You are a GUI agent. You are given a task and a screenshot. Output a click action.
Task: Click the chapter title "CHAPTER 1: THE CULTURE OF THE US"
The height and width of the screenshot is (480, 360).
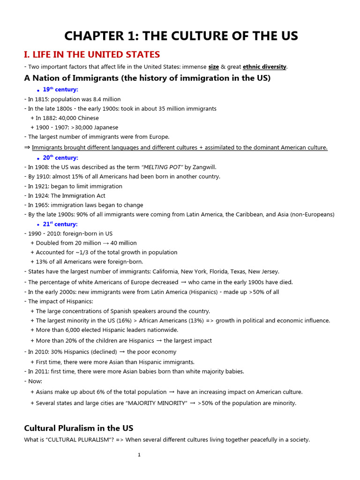point(181,36)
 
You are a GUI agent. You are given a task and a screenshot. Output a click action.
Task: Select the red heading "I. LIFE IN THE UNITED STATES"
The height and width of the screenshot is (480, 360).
point(92,55)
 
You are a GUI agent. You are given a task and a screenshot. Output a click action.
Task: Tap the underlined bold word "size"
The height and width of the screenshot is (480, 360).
point(213,67)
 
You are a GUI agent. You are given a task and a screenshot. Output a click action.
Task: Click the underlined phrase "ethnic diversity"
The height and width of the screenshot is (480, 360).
point(265,67)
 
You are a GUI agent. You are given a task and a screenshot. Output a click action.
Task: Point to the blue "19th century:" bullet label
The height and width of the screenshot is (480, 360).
point(60,90)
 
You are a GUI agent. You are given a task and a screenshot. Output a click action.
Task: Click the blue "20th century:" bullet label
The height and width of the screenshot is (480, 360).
point(60,158)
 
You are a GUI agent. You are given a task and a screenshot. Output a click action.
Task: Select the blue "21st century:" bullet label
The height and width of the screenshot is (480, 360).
point(60,225)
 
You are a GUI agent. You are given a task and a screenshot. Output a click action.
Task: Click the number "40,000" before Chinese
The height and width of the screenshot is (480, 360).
point(67,118)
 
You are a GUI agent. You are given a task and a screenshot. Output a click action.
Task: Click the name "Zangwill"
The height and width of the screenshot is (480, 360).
point(204,167)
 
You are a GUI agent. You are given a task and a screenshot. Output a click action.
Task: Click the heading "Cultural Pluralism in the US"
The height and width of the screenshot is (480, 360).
point(78,428)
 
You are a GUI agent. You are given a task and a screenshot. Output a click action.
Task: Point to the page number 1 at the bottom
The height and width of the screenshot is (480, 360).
point(139,455)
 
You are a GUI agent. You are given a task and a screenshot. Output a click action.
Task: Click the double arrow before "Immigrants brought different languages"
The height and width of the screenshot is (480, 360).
point(27,148)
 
